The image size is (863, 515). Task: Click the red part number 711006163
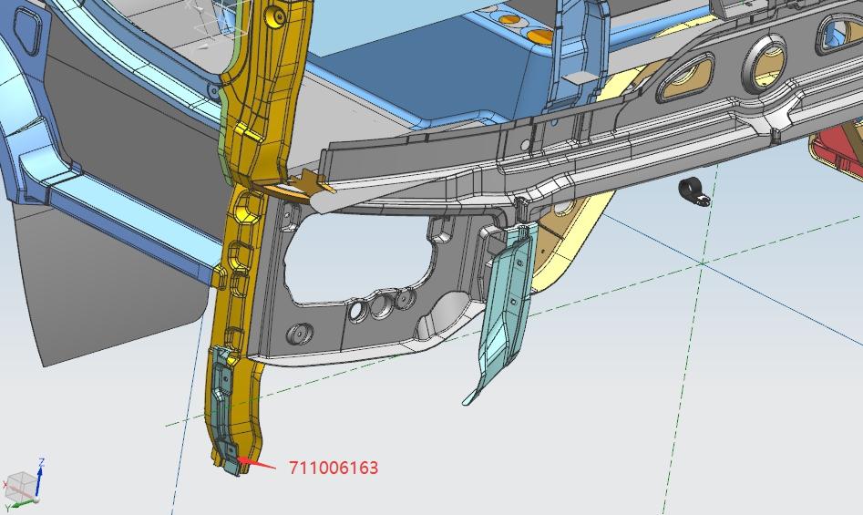click(334, 468)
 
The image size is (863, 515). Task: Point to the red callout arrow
click(256, 463)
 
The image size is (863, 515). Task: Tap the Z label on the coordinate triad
click(41, 462)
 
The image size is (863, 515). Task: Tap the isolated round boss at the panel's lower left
click(300, 334)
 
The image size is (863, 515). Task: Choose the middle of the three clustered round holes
click(382, 305)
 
